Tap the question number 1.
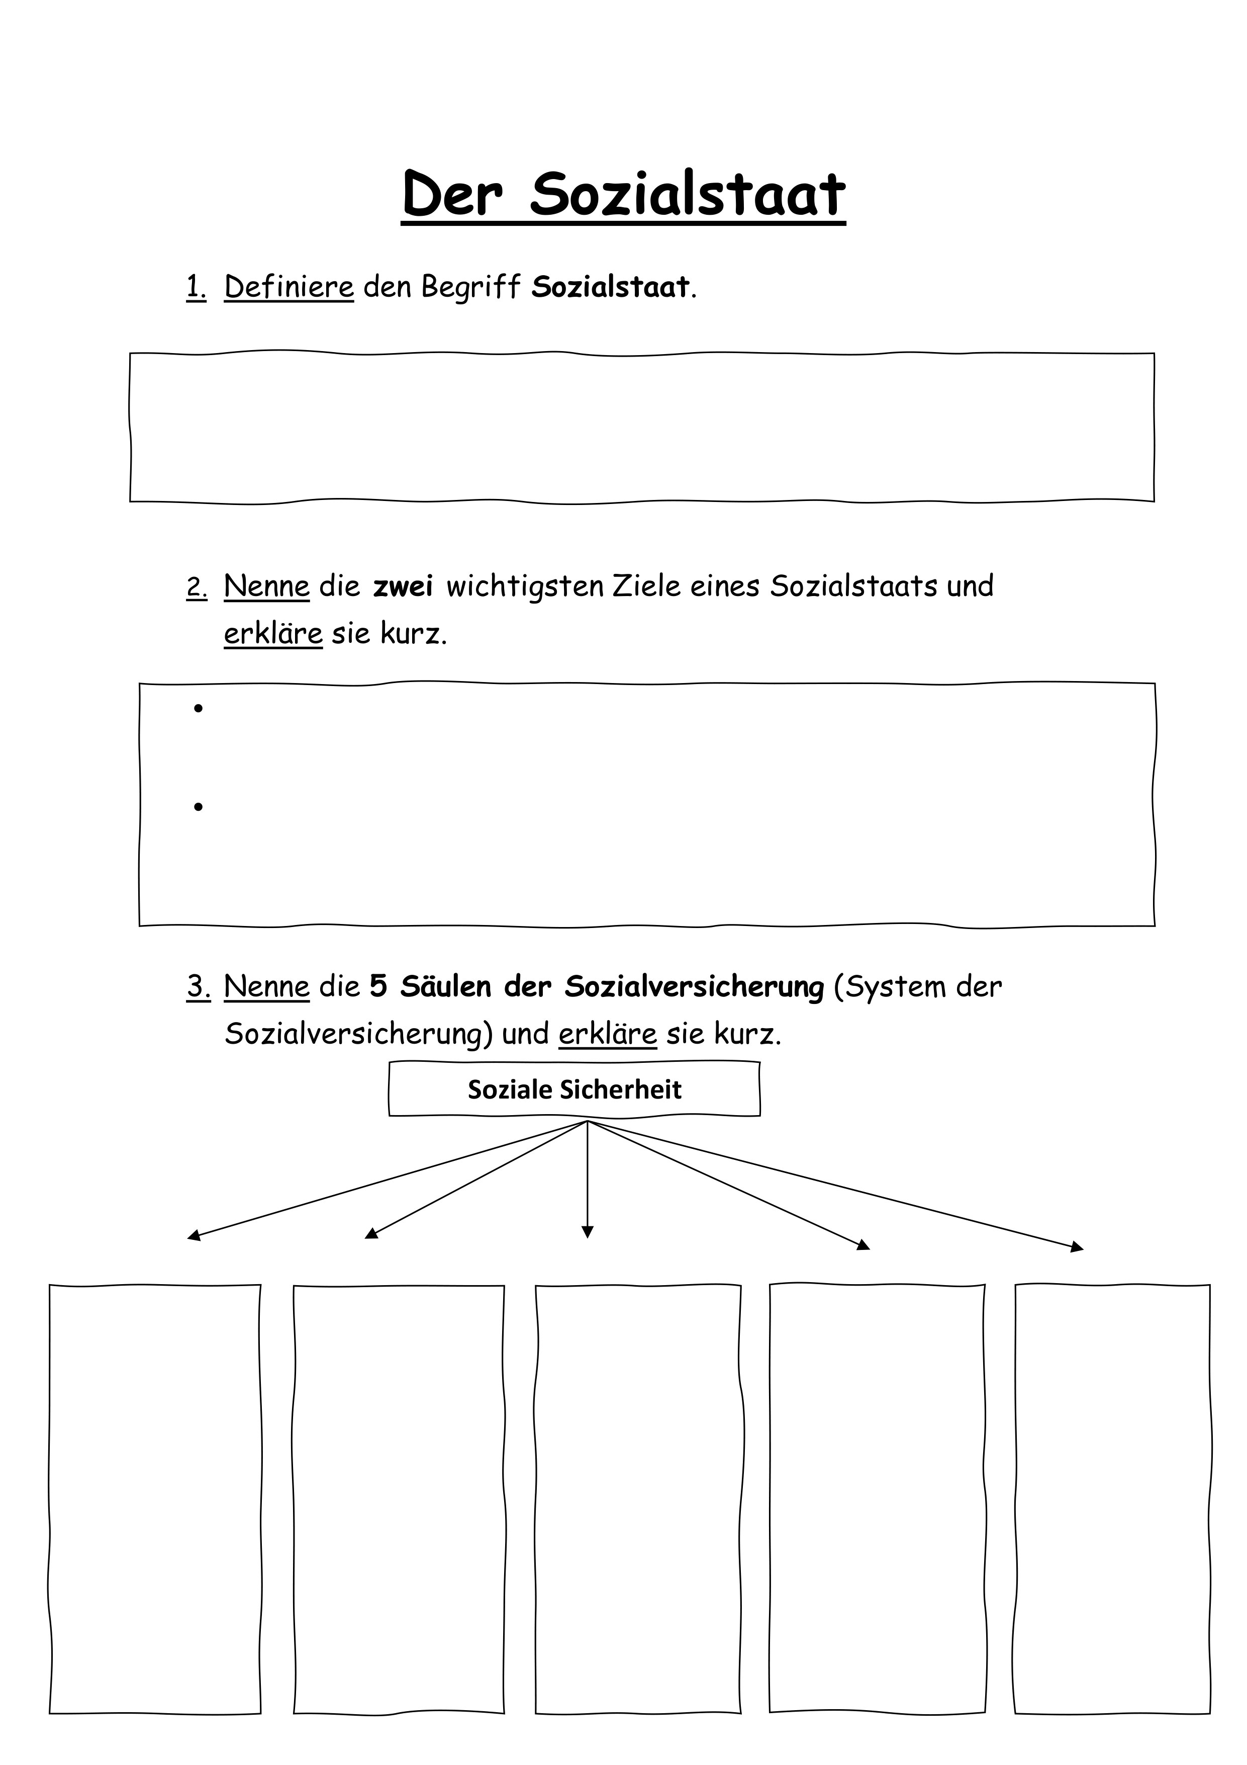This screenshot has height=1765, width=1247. [196, 288]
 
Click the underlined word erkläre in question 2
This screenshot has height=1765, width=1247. [273, 634]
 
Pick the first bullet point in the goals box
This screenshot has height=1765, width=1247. [198, 708]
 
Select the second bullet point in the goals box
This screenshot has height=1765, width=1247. [198, 806]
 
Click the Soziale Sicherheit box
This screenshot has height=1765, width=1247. [574, 1089]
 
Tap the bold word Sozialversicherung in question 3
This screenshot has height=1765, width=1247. [695, 987]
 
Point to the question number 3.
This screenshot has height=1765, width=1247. [198, 987]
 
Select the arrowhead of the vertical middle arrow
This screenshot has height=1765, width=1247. [588, 1231]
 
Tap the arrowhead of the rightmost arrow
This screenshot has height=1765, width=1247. [1077, 1247]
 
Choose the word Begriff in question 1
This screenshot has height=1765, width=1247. [471, 288]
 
